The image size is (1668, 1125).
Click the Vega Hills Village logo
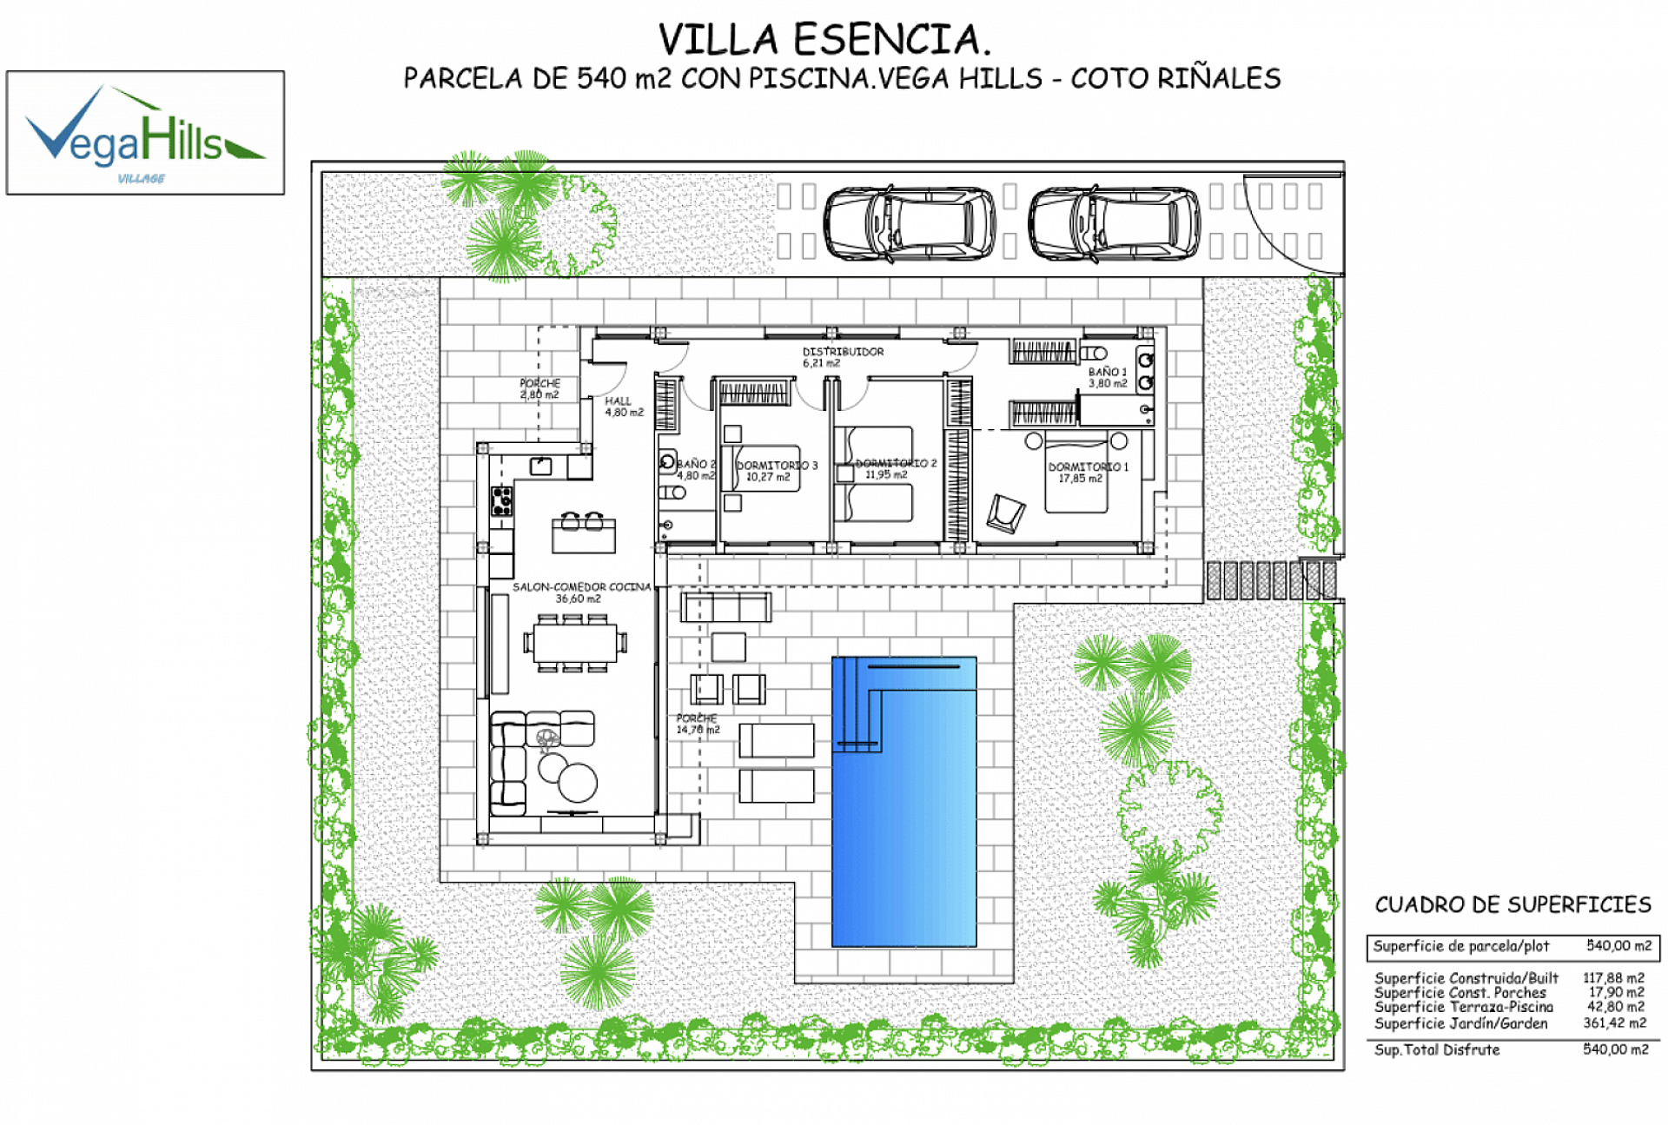pos(145,133)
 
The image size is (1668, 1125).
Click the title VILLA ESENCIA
pos(824,40)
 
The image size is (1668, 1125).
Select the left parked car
pos(910,223)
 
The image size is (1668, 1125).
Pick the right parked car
pos(1115,223)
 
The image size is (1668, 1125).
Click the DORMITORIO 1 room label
pos(1088,472)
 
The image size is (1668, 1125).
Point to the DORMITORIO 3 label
pos(777,470)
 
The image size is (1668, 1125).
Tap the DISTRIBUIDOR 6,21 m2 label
pos(842,356)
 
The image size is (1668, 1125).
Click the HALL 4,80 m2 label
pos(623,406)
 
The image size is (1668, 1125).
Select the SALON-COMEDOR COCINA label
pos(581,592)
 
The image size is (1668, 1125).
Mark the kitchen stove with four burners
pos(502,501)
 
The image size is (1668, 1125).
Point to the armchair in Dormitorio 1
pos(1005,513)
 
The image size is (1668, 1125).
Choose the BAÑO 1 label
pos(1108,377)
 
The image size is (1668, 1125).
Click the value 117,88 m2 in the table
pos(1613,977)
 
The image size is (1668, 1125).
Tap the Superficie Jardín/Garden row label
pos(1460,1023)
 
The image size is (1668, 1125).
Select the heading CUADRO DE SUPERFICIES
pos(1512,904)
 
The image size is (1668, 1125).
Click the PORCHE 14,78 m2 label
pos(698,724)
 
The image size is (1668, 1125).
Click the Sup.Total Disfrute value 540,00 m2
pos(1615,1049)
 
